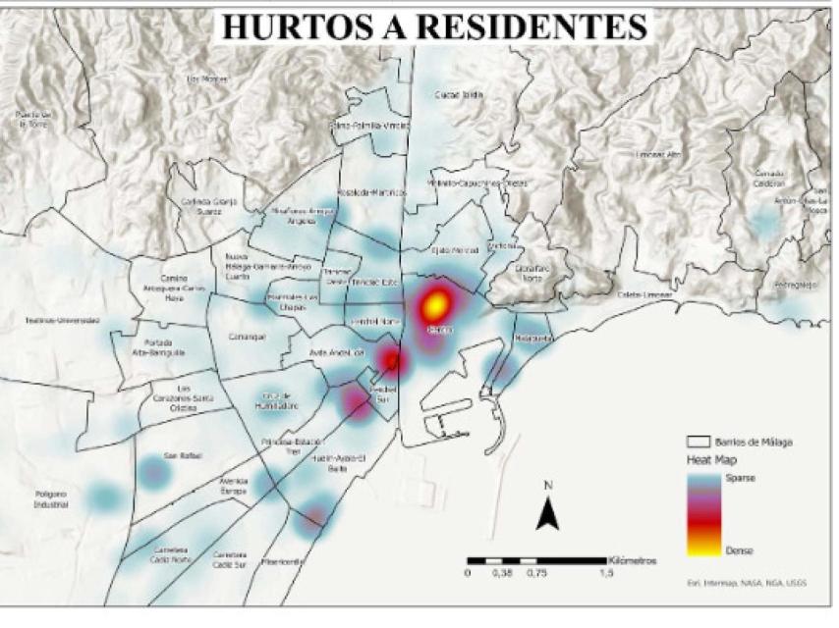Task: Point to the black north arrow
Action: (548, 509)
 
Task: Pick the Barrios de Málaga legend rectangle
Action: (699, 442)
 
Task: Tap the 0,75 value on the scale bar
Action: (536, 573)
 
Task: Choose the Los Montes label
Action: (205, 79)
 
